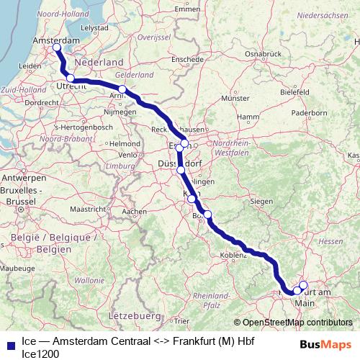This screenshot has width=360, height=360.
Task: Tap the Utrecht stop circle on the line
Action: point(71,78)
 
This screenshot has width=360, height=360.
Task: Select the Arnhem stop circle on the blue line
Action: point(122,90)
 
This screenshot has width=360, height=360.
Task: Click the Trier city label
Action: point(182,321)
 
